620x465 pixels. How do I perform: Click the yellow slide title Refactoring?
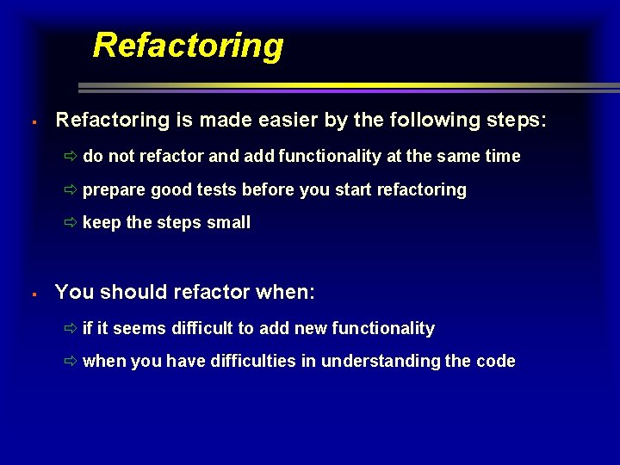pos(188,45)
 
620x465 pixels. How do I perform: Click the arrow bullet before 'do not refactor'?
pos(71,157)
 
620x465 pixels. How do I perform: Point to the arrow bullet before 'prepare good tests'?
pos(71,190)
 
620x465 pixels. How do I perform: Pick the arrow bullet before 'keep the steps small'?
pos(71,223)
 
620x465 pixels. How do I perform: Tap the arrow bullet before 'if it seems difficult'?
pos(71,329)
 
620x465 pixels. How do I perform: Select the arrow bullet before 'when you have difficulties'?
pos(71,362)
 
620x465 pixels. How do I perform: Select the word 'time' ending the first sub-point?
pos(502,156)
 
